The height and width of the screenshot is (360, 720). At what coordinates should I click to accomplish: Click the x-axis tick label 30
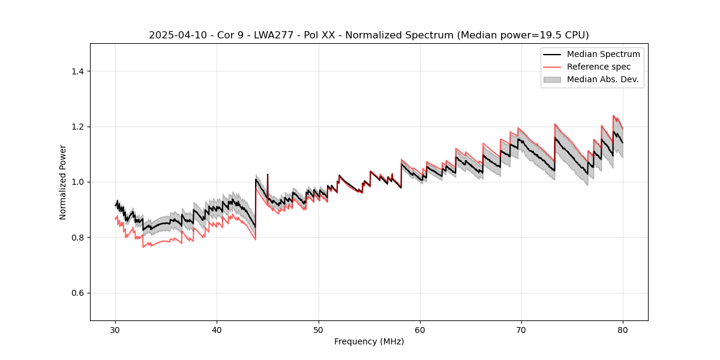pos(115,330)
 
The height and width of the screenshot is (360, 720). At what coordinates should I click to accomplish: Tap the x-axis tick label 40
pos(217,330)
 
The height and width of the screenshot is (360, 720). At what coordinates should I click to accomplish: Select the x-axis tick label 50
pos(318,330)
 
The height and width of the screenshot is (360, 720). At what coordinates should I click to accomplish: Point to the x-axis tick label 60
pos(420,330)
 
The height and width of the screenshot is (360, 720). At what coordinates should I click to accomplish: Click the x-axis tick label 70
pos(521,330)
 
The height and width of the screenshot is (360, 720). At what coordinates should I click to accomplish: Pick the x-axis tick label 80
pos(623,330)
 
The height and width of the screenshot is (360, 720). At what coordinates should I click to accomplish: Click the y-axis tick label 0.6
pos(77,293)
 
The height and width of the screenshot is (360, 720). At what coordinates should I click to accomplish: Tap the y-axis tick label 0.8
pos(77,238)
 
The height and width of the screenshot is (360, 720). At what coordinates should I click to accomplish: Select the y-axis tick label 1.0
pos(77,182)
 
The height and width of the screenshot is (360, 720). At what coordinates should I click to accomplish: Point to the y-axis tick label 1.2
pos(77,127)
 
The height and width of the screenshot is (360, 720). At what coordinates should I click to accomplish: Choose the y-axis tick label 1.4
pos(77,71)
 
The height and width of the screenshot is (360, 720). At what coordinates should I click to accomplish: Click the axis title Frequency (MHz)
pos(369,341)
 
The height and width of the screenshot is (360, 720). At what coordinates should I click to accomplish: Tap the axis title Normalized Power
pos(63,182)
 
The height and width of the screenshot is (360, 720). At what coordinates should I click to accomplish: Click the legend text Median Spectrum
pos(603,54)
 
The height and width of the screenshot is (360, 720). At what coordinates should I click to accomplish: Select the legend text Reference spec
pos(598,67)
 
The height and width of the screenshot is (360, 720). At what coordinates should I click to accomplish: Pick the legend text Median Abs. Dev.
pos(602,79)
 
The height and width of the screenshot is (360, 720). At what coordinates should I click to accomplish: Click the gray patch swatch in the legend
pos(552,79)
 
